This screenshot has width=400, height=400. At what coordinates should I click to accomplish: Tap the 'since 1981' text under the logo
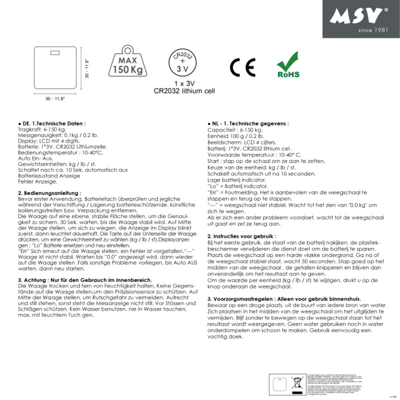[x=373, y=30]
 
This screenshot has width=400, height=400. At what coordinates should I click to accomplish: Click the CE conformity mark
[x=243, y=67]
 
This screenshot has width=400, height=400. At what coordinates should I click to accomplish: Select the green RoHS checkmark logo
[x=288, y=65]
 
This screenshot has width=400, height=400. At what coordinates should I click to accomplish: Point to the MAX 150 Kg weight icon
[x=128, y=61]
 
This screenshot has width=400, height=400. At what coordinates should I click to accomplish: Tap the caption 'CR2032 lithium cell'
[x=184, y=91]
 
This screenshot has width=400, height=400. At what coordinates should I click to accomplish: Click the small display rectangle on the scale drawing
[x=55, y=53]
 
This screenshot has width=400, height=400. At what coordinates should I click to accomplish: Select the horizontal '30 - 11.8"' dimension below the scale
[x=55, y=99]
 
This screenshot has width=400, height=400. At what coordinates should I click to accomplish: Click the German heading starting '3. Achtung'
[x=85, y=280]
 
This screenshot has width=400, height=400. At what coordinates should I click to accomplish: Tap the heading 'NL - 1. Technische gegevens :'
[x=248, y=123]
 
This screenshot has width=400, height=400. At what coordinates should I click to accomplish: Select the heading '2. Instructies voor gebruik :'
[x=242, y=236]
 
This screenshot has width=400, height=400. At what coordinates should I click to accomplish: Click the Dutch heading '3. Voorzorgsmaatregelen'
[x=284, y=299]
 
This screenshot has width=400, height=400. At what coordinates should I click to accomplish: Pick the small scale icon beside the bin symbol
[x=279, y=385]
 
